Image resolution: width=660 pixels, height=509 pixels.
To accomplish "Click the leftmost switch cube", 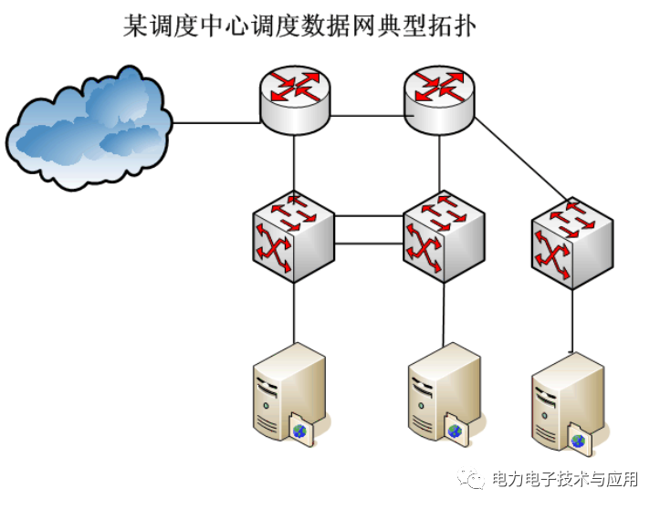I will (293, 235).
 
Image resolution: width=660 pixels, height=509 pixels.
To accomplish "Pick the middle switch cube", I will (443, 235).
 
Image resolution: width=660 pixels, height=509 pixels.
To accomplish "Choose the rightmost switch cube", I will (571, 243).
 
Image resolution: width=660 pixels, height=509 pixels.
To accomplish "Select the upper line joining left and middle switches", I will (369, 217).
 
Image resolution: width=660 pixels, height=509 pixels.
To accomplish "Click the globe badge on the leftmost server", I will (300, 430).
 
